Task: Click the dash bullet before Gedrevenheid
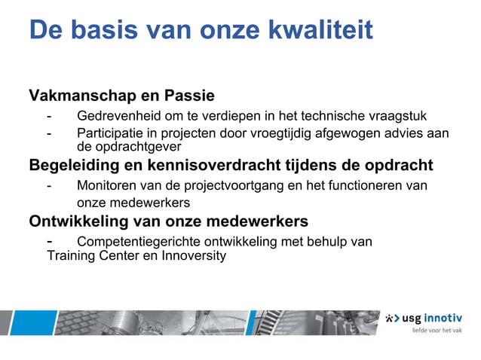pyautogui.click(x=50, y=116)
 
